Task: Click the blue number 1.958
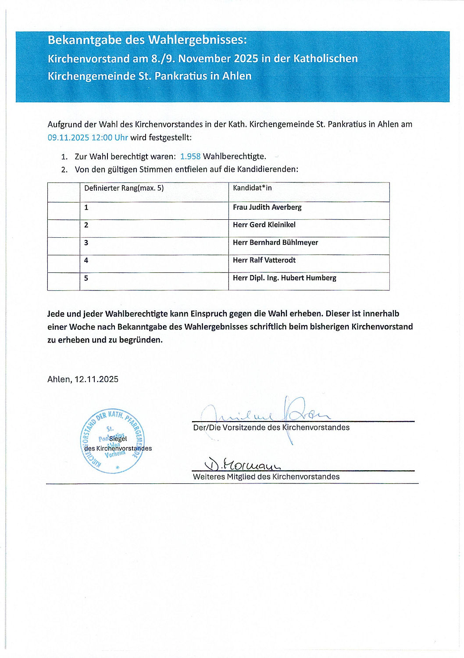point(190,156)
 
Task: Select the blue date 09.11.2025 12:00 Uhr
point(88,137)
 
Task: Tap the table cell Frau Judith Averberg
point(267,207)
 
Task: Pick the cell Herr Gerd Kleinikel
point(264,225)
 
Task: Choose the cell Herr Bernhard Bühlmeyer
point(275,242)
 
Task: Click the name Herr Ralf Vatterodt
point(264,260)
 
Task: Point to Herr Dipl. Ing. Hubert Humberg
point(285,278)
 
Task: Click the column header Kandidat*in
point(252,188)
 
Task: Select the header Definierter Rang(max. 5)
point(124,188)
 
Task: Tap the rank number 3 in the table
point(86,243)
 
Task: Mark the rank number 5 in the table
point(86,278)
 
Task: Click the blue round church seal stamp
point(112,441)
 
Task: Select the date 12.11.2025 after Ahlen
point(96,379)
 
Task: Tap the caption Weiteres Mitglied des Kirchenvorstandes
point(266,477)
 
